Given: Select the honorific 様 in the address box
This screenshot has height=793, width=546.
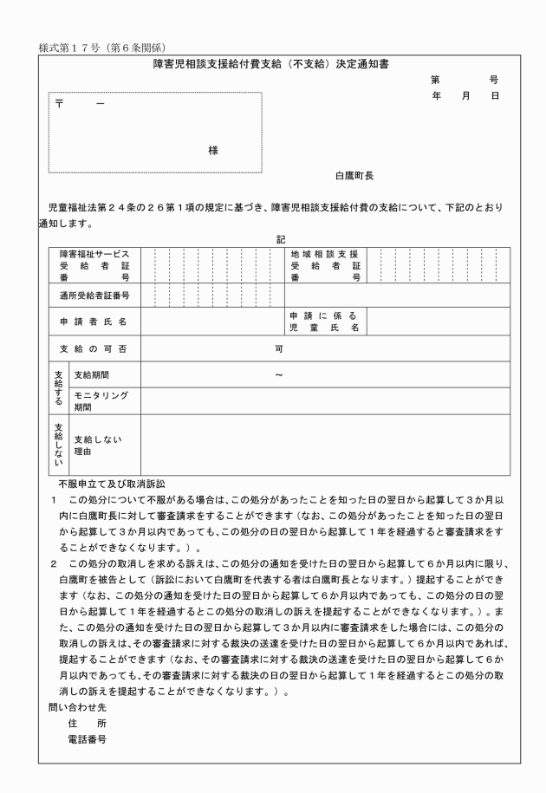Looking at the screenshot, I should point(213,150).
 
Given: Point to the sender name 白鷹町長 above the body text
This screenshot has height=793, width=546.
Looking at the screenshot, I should point(354,175).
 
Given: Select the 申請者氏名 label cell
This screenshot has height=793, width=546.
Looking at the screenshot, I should point(94,322).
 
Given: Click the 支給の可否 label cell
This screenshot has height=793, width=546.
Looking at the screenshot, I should point(94,348).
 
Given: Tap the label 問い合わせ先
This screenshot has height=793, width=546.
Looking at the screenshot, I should point(72,706).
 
